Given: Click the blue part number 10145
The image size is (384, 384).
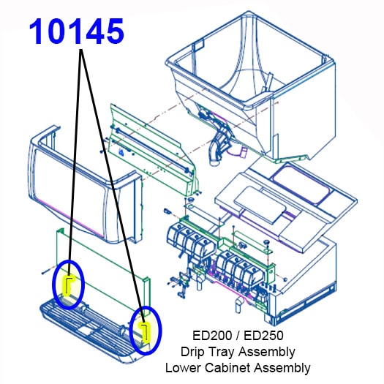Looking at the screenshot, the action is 76,31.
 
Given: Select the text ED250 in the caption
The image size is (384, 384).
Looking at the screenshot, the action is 263,335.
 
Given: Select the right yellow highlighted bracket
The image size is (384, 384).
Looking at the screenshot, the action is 146,332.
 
